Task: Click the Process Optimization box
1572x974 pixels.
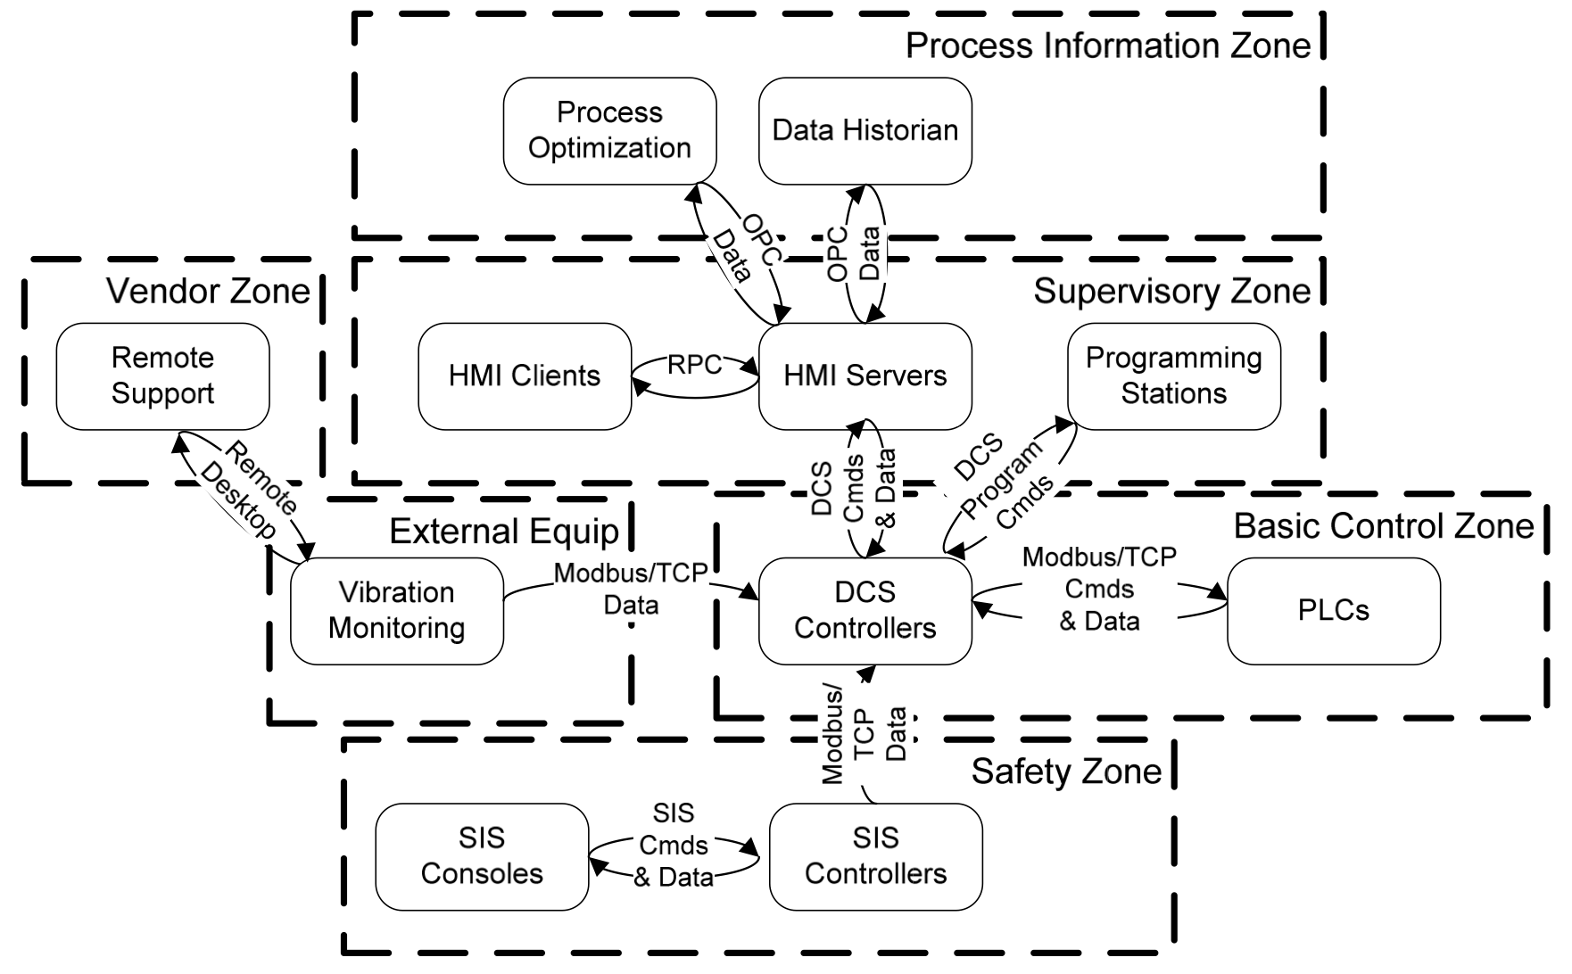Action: pyautogui.click(x=609, y=131)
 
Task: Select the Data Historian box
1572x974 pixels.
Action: pyautogui.click(x=865, y=131)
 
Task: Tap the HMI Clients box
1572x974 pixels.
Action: pyautogui.click(x=525, y=376)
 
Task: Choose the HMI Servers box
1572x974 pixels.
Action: pyautogui.click(x=865, y=376)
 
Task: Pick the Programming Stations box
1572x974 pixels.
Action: pyautogui.click(x=1173, y=376)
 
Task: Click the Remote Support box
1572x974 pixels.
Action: pyautogui.click(x=162, y=376)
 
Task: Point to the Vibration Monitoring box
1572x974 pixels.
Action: pyautogui.click(x=397, y=611)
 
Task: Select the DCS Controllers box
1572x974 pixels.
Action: pyautogui.click(x=865, y=611)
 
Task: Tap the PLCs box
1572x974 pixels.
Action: pyautogui.click(x=1333, y=611)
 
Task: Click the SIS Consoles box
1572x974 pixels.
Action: pyautogui.click(x=482, y=856)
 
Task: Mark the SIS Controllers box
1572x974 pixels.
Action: pyautogui.click(x=875, y=856)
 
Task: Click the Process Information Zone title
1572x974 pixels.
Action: pyautogui.click(x=1108, y=46)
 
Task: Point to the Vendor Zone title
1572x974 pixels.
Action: pyautogui.click(x=208, y=292)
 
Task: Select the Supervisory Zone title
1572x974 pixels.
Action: pyautogui.click(x=1171, y=292)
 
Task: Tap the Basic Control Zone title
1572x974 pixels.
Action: pyautogui.click(x=1383, y=527)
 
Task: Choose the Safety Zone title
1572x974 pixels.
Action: pyautogui.click(x=1066, y=772)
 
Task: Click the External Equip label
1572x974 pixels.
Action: pyautogui.click(x=504, y=532)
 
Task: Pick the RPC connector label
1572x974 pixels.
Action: pyautogui.click(x=694, y=365)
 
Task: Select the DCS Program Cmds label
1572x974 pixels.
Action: pyautogui.click(x=1004, y=482)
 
